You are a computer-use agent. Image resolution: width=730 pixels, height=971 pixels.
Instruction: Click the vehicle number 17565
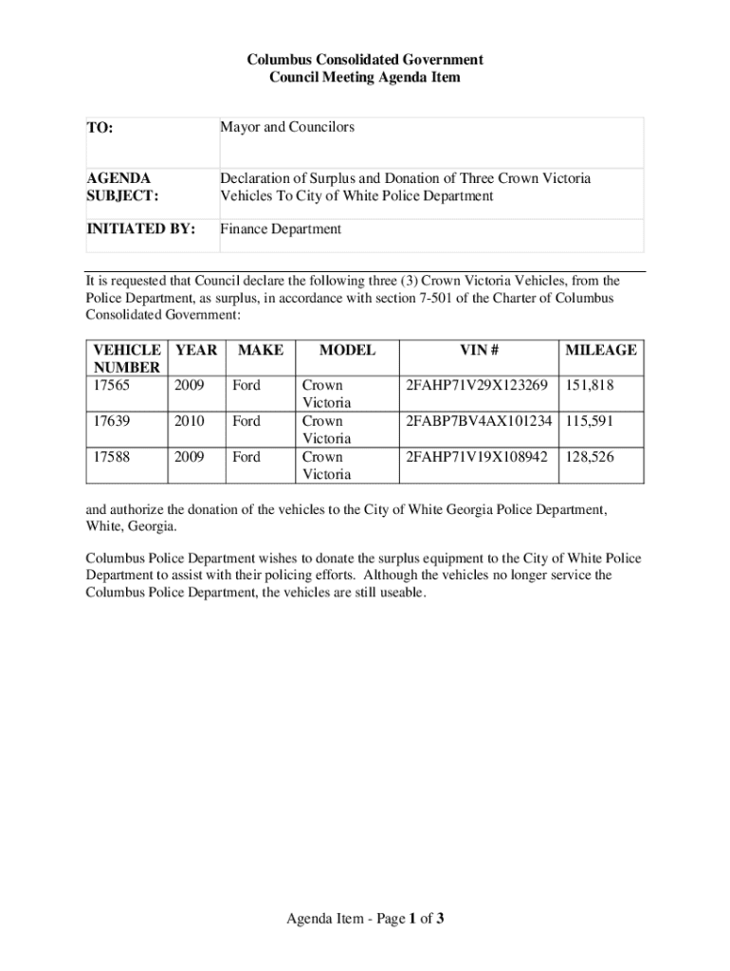click(108, 386)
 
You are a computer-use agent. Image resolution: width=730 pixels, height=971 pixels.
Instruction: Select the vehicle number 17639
click(108, 421)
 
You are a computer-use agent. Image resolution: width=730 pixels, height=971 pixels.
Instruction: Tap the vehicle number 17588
click(108, 457)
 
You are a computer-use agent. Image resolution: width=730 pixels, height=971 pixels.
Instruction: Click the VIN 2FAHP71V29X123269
click(477, 386)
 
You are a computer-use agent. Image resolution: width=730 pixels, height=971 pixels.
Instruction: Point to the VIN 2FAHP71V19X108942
click(477, 457)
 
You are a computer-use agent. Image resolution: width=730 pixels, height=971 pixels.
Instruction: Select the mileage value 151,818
click(590, 386)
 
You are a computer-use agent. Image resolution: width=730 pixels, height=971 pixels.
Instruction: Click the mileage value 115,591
click(590, 421)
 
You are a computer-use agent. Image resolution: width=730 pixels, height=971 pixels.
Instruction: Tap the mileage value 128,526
click(590, 457)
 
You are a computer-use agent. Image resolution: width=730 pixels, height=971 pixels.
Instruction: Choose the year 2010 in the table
click(190, 421)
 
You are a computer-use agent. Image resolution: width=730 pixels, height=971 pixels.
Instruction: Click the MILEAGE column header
click(601, 350)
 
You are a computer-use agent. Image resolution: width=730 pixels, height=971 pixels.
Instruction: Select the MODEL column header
click(347, 350)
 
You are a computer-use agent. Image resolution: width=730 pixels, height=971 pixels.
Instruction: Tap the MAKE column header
click(260, 350)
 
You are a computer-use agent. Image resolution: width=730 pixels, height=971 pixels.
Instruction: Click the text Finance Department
click(281, 229)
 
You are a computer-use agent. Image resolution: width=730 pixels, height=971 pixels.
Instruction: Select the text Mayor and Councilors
click(287, 126)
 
